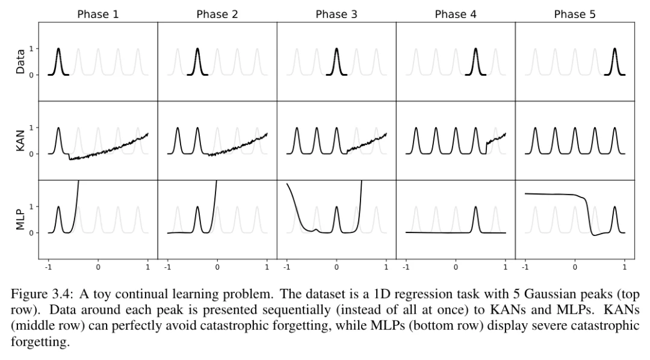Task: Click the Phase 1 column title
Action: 98,14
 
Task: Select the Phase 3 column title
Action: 336,14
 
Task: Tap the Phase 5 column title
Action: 575,14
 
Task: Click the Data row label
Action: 20,61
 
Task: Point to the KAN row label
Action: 20,141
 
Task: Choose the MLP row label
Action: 20,220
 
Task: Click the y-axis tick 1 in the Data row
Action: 31,49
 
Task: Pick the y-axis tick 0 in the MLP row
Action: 31,233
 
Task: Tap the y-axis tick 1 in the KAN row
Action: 31,128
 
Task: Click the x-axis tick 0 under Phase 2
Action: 217,267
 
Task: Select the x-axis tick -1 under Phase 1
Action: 48,267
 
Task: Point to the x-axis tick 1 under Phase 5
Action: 624,267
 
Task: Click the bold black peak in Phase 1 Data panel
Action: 58,61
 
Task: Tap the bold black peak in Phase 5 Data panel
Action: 614,61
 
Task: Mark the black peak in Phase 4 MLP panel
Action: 475,219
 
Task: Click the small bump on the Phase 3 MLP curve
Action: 316,229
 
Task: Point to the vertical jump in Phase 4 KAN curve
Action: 486,148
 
